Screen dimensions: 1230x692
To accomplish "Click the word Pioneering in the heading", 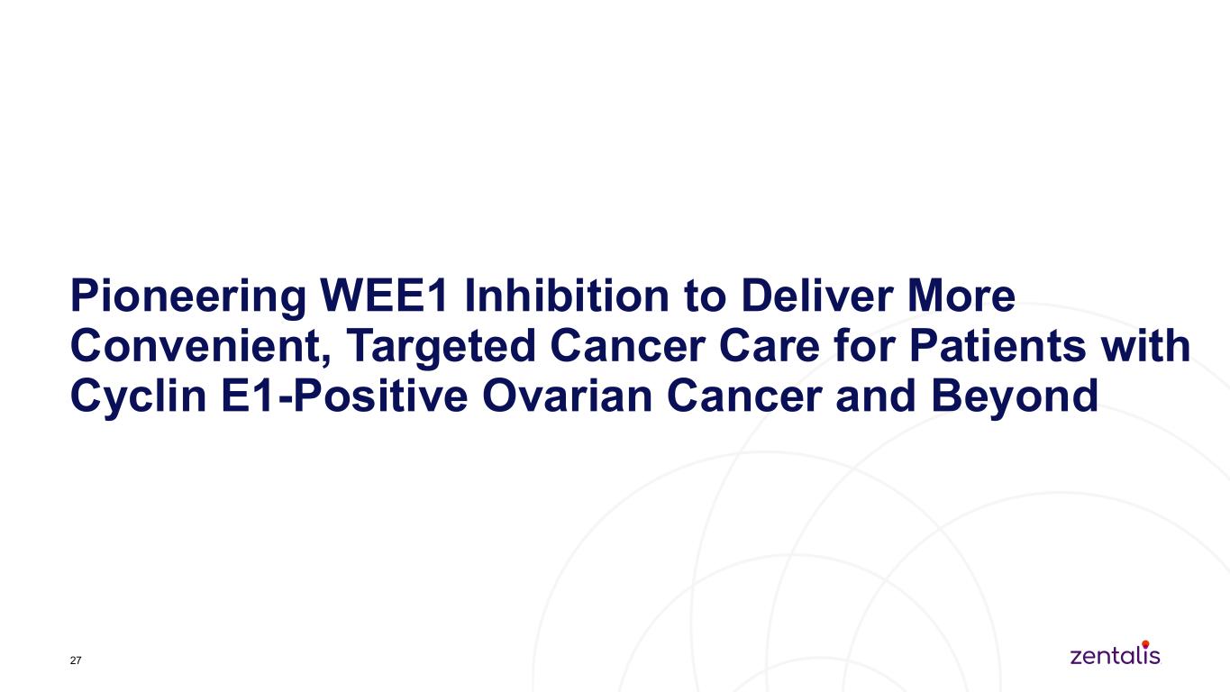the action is (x=188, y=297).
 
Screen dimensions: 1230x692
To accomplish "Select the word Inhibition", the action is (x=567, y=296).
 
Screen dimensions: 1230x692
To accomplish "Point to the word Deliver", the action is (x=817, y=296).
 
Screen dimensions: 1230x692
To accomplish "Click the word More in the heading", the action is (x=961, y=296).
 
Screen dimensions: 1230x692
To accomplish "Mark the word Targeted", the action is (x=441, y=348).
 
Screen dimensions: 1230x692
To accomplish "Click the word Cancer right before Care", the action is (x=628, y=346).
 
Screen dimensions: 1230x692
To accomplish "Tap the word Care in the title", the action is (x=770, y=346).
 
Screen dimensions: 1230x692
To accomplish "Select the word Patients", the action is (x=998, y=346).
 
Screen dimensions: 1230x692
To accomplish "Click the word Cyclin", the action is (x=139, y=397).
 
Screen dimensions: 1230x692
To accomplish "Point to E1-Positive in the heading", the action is (x=344, y=396).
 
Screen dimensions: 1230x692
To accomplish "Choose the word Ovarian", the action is (x=567, y=396).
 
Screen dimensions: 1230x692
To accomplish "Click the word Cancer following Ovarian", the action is (x=744, y=396).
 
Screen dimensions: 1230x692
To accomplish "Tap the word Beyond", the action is (x=1015, y=397).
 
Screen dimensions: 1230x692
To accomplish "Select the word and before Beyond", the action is (x=877, y=396).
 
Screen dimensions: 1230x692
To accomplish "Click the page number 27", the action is (x=76, y=660).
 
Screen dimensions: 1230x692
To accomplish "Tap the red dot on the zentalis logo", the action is (x=1145, y=643).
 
